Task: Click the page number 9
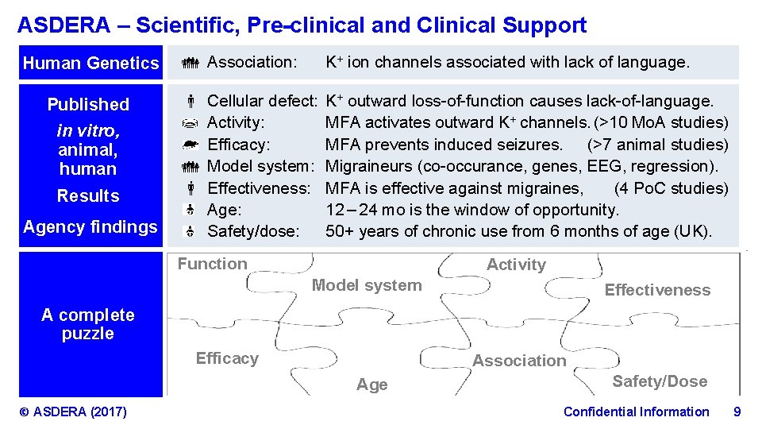[737, 412]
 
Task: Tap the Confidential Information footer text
[636, 412]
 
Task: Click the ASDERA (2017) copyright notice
[73, 412]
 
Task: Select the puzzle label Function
[212, 264]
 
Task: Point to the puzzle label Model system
[367, 285]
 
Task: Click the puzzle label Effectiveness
[657, 290]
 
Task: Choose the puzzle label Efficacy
[227, 358]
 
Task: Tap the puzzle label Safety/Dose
[659, 381]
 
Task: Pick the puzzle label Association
[519, 361]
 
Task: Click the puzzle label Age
[371, 385]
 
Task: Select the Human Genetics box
[90, 63]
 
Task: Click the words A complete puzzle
[88, 324]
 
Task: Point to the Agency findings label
[90, 227]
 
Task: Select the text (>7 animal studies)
[657, 145]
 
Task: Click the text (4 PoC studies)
[671, 188]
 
